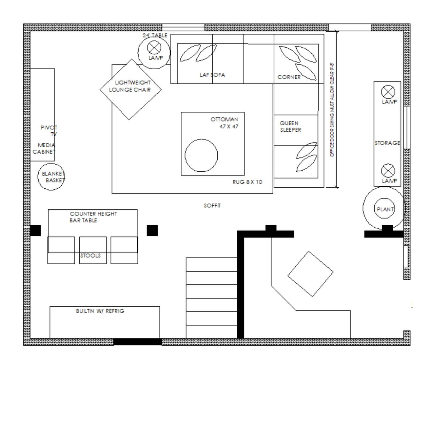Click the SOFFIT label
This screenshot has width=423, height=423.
click(x=212, y=206)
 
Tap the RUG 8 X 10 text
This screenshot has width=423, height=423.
click(x=248, y=182)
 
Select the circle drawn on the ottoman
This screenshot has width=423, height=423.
click(x=201, y=155)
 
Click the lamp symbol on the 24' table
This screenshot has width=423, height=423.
click(x=154, y=48)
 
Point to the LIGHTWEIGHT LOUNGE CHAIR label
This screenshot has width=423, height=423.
click(x=130, y=86)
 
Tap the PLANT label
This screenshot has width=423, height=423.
click(x=385, y=210)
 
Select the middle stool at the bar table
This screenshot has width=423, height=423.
click(x=93, y=250)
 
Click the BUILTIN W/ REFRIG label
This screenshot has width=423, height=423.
click(x=100, y=311)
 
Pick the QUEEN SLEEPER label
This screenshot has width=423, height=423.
click(x=290, y=126)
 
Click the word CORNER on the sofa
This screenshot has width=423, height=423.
click(x=289, y=77)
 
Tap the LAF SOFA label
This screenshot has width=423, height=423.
click(x=212, y=75)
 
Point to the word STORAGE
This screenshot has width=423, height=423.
click(x=387, y=143)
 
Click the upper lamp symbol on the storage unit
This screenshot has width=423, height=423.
click(x=388, y=92)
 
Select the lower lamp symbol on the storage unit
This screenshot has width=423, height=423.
click(x=388, y=171)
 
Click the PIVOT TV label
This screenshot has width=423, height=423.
click(x=49, y=131)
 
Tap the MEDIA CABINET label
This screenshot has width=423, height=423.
click(x=44, y=148)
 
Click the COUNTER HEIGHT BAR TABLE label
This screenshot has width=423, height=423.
click(x=93, y=217)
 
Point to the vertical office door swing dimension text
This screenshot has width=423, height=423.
click(x=332, y=110)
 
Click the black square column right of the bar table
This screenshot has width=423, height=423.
click(x=152, y=230)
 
